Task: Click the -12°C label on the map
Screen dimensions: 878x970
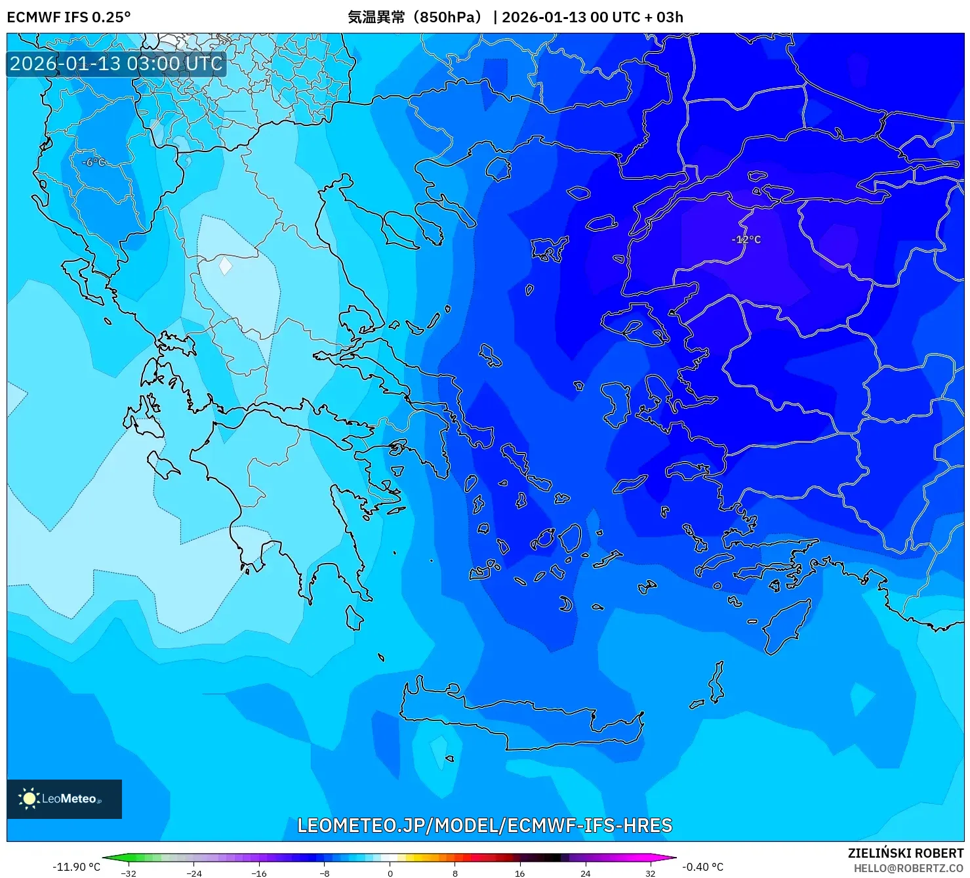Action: coord(746,240)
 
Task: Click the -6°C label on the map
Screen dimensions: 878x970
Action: coord(93,162)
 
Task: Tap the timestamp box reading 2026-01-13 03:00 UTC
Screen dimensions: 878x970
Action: coord(116,64)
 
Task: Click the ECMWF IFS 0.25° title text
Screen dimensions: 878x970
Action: coord(69,17)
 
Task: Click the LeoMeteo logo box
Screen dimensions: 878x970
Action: coord(64,799)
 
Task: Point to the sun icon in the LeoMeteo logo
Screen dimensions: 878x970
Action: coord(29,799)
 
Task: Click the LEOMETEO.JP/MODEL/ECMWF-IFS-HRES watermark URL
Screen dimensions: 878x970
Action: coord(485,825)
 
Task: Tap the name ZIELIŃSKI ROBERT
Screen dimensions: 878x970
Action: coord(905,853)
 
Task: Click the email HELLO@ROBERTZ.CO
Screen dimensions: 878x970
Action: coord(908,868)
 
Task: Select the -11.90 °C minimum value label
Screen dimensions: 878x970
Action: coord(76,867)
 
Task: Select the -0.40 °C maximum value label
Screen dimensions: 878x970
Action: coord(702,867)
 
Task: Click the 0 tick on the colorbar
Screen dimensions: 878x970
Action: coord(390,873)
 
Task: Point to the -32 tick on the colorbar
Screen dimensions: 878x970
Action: coord(129,873)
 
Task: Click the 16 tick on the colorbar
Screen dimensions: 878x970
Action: coord(520,873)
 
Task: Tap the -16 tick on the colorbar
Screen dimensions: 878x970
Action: coord(259,873)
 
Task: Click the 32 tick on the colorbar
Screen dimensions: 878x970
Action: coord(650,873)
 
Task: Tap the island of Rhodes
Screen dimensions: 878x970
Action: coord(786,626)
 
